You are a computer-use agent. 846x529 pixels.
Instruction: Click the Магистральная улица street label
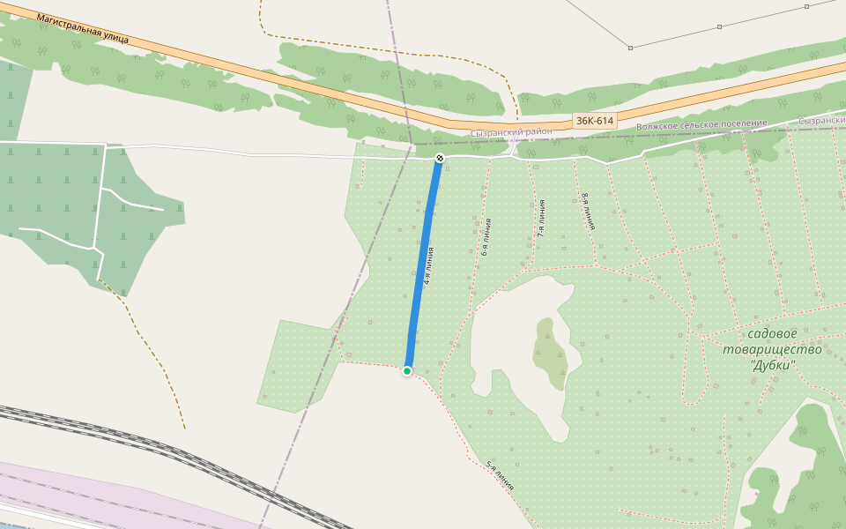(83, 28)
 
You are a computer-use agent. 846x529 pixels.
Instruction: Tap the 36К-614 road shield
(594, 121)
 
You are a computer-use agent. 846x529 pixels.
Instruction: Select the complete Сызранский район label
(511, 131)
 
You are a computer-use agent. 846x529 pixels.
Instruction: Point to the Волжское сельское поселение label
(701, 125)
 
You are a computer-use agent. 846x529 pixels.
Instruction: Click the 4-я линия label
(428, 265)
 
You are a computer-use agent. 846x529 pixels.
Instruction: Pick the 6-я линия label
(486, 237)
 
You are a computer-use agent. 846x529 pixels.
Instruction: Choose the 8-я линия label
(588, 212)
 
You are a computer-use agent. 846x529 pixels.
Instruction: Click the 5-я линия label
(501, 476)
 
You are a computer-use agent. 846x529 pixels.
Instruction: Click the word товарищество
(772, 349)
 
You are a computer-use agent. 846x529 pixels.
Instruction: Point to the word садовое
(772, 333)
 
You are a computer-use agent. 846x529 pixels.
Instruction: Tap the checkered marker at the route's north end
(440, 159)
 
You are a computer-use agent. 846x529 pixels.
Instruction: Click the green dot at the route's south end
(407, 371)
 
